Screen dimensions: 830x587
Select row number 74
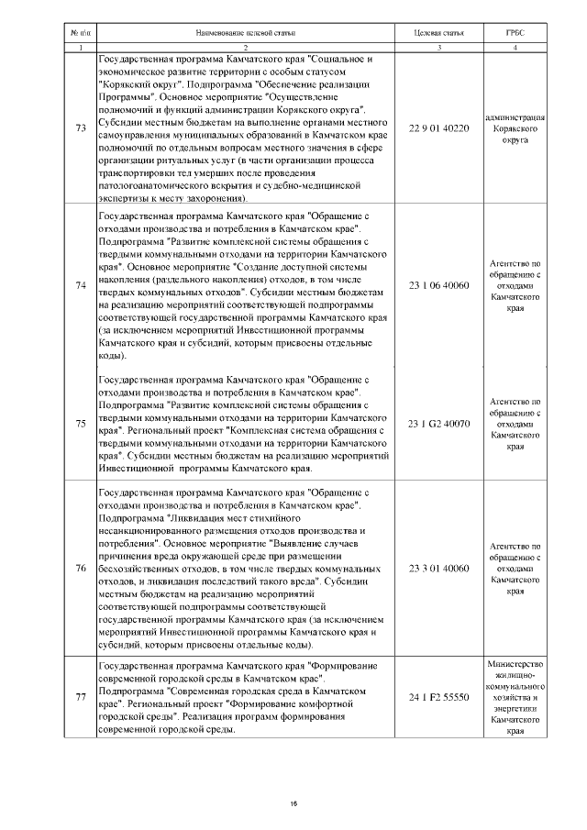(x=79, y=285)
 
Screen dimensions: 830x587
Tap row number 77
(x=79, y=697)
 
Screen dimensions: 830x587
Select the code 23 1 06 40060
(x=438, y=285)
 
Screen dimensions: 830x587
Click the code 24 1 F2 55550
(x=438, y=697)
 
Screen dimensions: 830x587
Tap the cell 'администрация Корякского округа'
(x=515, y=129)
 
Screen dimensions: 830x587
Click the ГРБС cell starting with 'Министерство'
(x=515, y=697)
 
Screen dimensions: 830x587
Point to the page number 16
(x=293, y=804)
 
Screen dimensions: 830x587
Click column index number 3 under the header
(x=438, y=47)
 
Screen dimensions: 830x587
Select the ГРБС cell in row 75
(x=515, y=424)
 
